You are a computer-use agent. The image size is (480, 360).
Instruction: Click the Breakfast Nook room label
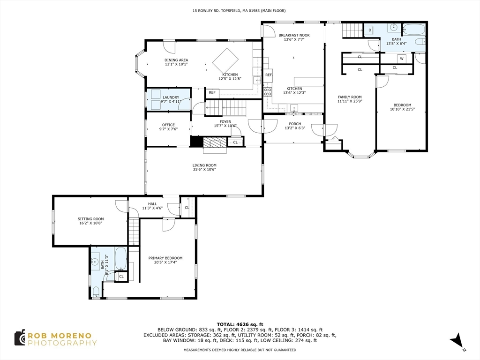[x=294, y=35]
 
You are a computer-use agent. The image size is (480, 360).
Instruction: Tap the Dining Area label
[x=176, y=60]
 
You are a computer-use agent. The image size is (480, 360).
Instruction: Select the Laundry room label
[x=171, y=97]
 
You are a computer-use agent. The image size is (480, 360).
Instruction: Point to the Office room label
[x=168, y=125]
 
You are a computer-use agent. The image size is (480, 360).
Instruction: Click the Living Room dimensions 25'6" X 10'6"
[x=204, y=169]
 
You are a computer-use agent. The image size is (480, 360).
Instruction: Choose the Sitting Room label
[x=90, y=219]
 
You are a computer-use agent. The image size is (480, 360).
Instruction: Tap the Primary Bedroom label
[x=165, y=258]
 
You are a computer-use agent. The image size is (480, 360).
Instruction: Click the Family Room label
[x=350, y=97]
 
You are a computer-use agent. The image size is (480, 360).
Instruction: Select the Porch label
[x=295, y=124]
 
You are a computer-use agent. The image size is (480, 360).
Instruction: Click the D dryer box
[x=370, y=30]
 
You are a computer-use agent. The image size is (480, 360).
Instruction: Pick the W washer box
[x=402, y=59]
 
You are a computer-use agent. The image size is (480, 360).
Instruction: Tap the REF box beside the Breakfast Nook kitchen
[x=269, y=75]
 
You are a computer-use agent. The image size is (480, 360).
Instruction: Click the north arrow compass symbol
[x=457, y=340]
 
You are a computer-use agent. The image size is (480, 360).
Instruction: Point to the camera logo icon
[x=20, y=337]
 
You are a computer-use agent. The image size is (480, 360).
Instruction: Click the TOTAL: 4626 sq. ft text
[x=240, y=324]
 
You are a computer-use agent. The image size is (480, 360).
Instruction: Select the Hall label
[x=152, y=204]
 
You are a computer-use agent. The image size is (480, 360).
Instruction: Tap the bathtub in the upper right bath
[x=414, y=30]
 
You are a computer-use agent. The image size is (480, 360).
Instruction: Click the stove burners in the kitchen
[x=268, y=92]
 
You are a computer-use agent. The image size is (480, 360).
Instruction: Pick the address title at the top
[x=239, y=11]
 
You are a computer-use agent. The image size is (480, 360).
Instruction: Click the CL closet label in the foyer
[x=235, y=142]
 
